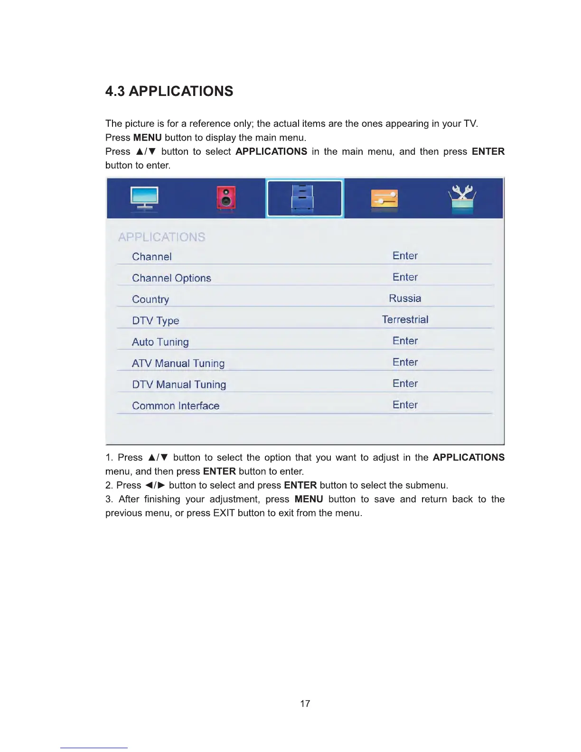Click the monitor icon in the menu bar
[144, 197]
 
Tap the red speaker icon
[226, 197]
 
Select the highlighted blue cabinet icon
[303, 198]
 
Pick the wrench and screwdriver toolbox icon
[462, 198]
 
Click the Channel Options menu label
[171, 278]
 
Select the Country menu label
[150, 300]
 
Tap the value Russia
[405, 298]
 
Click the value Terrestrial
[405, 320]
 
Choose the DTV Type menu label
[156, 321]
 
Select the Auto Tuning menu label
[160, 342]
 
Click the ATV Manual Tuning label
[178, 364]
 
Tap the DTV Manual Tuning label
[179, 385]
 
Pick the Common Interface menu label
[176, 406]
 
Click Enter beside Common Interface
[405, 405]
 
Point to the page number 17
[305, 704]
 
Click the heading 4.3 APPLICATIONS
[169, 91]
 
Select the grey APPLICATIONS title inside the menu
[162, 237]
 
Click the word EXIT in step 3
[224, 513]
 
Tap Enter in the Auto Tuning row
[405, 341]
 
